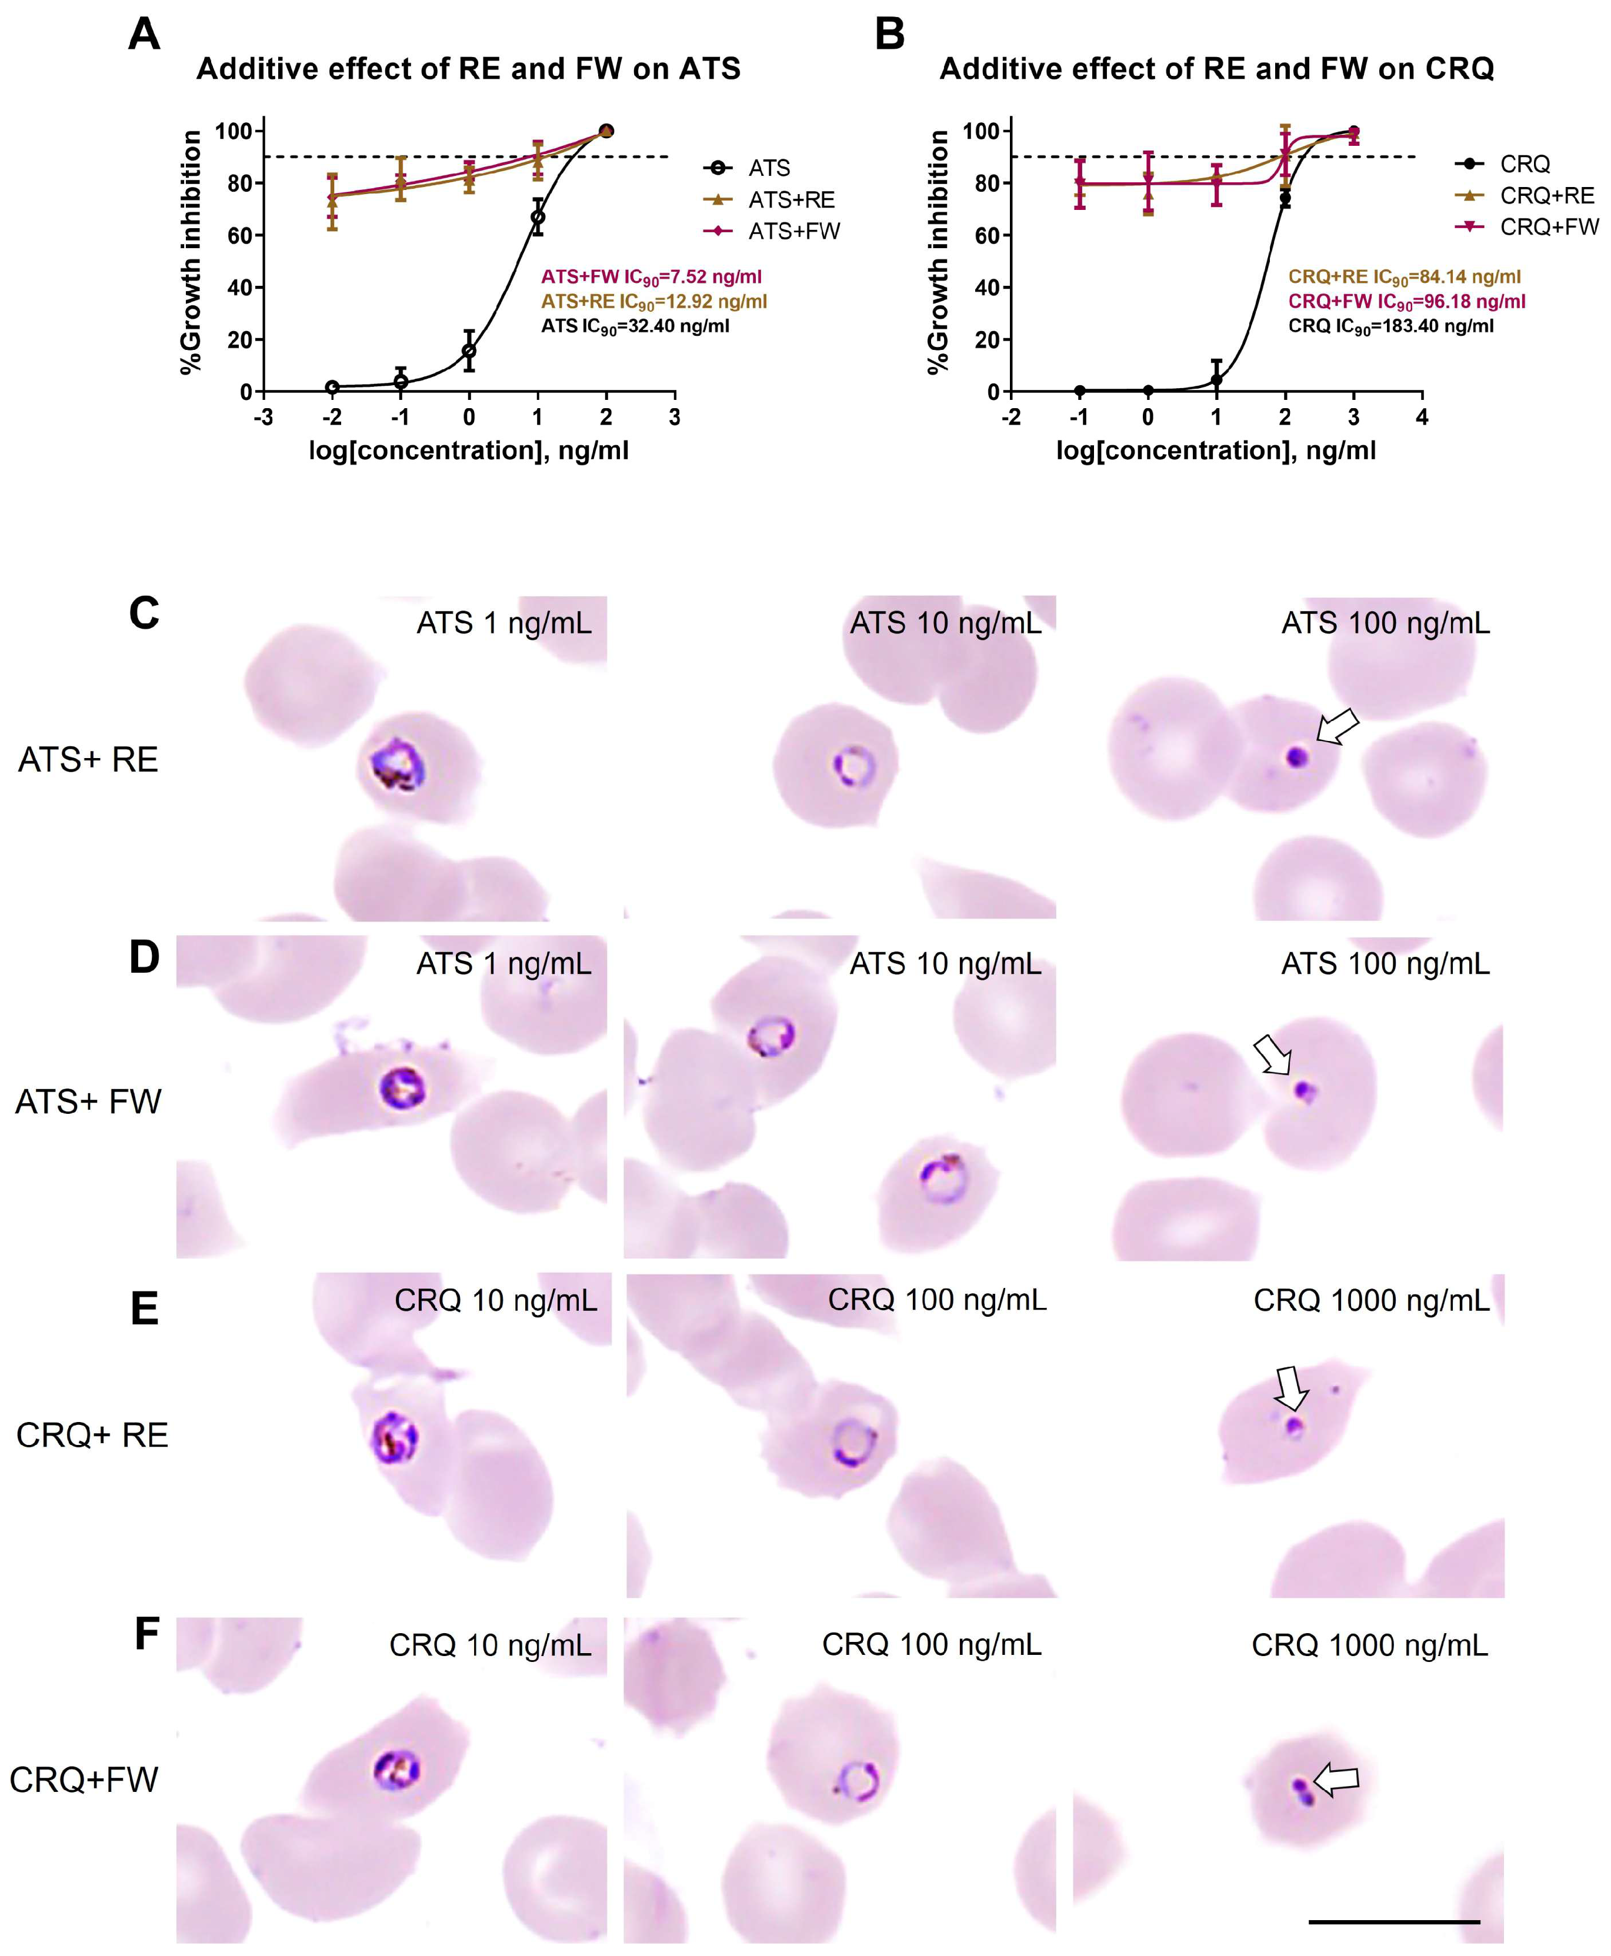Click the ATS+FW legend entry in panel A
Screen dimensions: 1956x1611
click(793, 231)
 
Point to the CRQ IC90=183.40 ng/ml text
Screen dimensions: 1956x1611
click(1390, 326)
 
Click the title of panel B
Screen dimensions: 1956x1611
click(1216, 69)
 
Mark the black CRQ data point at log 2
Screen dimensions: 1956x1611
click(1285, 199)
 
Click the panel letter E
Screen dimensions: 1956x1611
click(144, 1309)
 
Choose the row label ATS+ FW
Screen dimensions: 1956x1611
click(88, 1101)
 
